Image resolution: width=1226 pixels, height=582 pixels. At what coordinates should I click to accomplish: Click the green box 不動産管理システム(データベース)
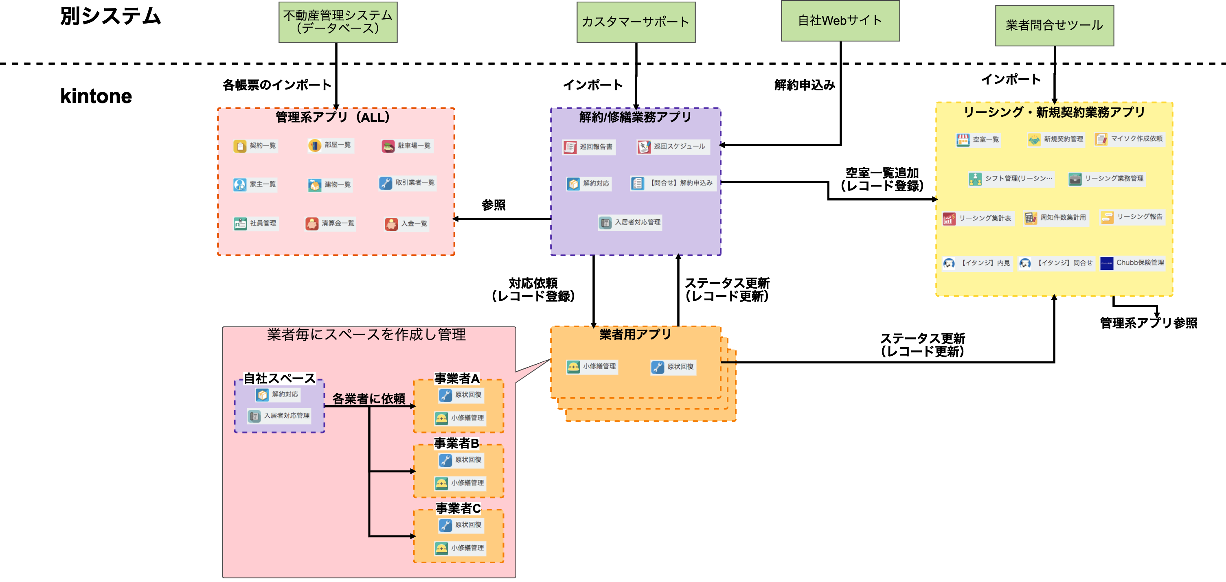338,22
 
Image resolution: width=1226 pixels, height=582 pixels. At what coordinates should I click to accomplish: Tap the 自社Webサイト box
840,21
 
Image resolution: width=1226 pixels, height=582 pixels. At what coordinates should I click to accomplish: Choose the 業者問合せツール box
1054,26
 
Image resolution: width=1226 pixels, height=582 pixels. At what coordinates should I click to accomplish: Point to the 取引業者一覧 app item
408,183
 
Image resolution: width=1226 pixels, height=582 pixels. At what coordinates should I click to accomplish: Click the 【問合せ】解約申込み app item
674,183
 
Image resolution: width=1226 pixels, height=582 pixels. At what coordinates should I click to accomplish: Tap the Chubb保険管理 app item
1133,263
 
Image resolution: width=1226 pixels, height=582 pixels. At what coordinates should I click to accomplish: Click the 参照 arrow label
493,205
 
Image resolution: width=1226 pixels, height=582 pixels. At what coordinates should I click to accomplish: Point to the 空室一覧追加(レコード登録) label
882,179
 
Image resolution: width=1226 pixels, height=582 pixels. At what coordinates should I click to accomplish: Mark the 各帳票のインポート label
277,85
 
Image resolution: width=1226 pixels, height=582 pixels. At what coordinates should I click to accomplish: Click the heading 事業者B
456,443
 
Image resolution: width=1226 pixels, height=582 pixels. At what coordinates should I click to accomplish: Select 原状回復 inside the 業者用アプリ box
673,367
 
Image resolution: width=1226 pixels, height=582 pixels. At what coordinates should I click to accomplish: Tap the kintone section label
96,96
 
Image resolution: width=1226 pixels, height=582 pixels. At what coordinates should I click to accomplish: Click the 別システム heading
110,16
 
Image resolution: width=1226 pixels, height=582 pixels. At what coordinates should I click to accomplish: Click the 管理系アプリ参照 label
1148,323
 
